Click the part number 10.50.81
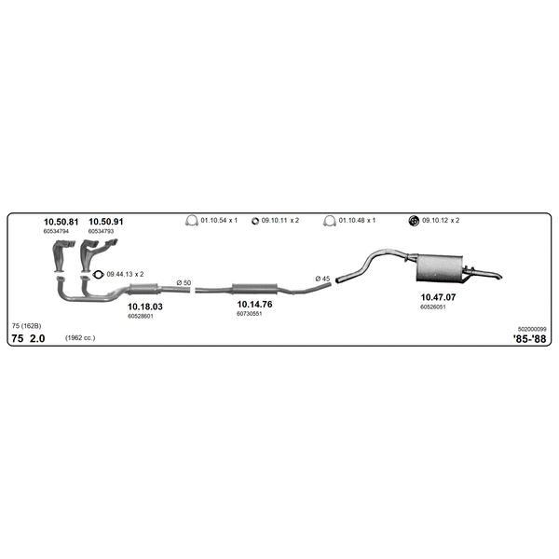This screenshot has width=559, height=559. click(61, 222)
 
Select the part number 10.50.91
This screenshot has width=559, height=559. click(106, 222)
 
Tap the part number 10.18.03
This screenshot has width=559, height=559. click(145, 307)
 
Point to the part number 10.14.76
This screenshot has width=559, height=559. click(254, 304)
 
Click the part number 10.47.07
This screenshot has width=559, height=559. click(438, 297)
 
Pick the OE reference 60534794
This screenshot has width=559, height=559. click(56, 231)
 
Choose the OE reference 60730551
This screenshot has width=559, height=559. click(249, 314)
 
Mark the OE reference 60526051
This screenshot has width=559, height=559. click(433, 307)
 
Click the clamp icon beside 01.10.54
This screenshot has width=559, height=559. click(191, 220)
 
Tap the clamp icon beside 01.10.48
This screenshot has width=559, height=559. click(330, 221)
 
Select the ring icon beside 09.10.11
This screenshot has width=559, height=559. click(255, 221)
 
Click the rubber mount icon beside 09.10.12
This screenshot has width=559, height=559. click(414, 221)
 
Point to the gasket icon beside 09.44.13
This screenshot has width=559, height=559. click(98, 275)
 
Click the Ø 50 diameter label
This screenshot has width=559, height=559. click(184, 282)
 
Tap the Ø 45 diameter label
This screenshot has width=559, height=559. click(322, 279)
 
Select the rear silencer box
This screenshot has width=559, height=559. click(439, 267)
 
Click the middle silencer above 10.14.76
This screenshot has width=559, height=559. click(254, 289)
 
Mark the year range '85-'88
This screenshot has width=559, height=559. click(529, 339)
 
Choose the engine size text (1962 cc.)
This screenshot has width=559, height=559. click(80, 337)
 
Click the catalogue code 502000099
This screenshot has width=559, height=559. click(532, 329)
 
